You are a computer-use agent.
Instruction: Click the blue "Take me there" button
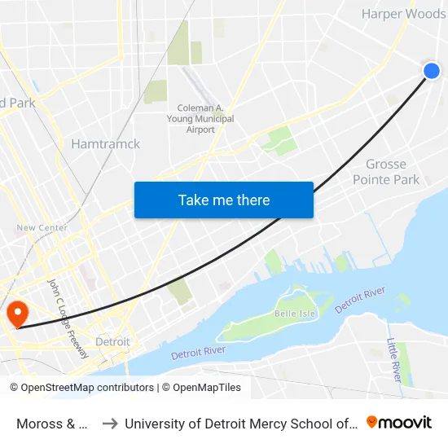(x=224, y=200)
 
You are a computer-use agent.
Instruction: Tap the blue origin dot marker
(x=432, y=71)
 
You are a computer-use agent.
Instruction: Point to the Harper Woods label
(x=403, y=14)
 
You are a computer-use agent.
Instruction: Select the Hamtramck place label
(x=105, y=144)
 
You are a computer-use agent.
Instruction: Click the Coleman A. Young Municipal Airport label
(x=205, y=119)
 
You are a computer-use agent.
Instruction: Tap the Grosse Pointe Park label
(x=386, y=172)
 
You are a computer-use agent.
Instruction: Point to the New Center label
(x=42, y=228)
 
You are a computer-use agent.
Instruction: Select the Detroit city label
(x=112, y=342)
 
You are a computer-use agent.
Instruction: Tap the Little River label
(x=393, y=360)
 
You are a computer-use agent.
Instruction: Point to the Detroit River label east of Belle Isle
(x=359, y=301)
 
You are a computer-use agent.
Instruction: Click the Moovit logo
(x=399, y=422)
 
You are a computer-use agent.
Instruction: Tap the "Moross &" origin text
(x=52, y=423)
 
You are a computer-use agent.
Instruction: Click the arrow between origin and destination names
(x=109, y=423)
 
